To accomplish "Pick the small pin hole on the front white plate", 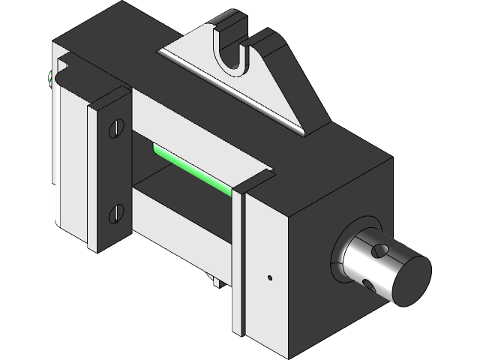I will [x=269, y=277].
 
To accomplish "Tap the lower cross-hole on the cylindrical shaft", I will [x=367, y=281].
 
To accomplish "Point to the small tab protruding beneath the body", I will [x=215, y=282].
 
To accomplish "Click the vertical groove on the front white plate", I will [x=240, y=262].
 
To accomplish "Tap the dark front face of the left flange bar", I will [x=113, y=172].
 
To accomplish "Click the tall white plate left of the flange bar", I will [x=75, y=165].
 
